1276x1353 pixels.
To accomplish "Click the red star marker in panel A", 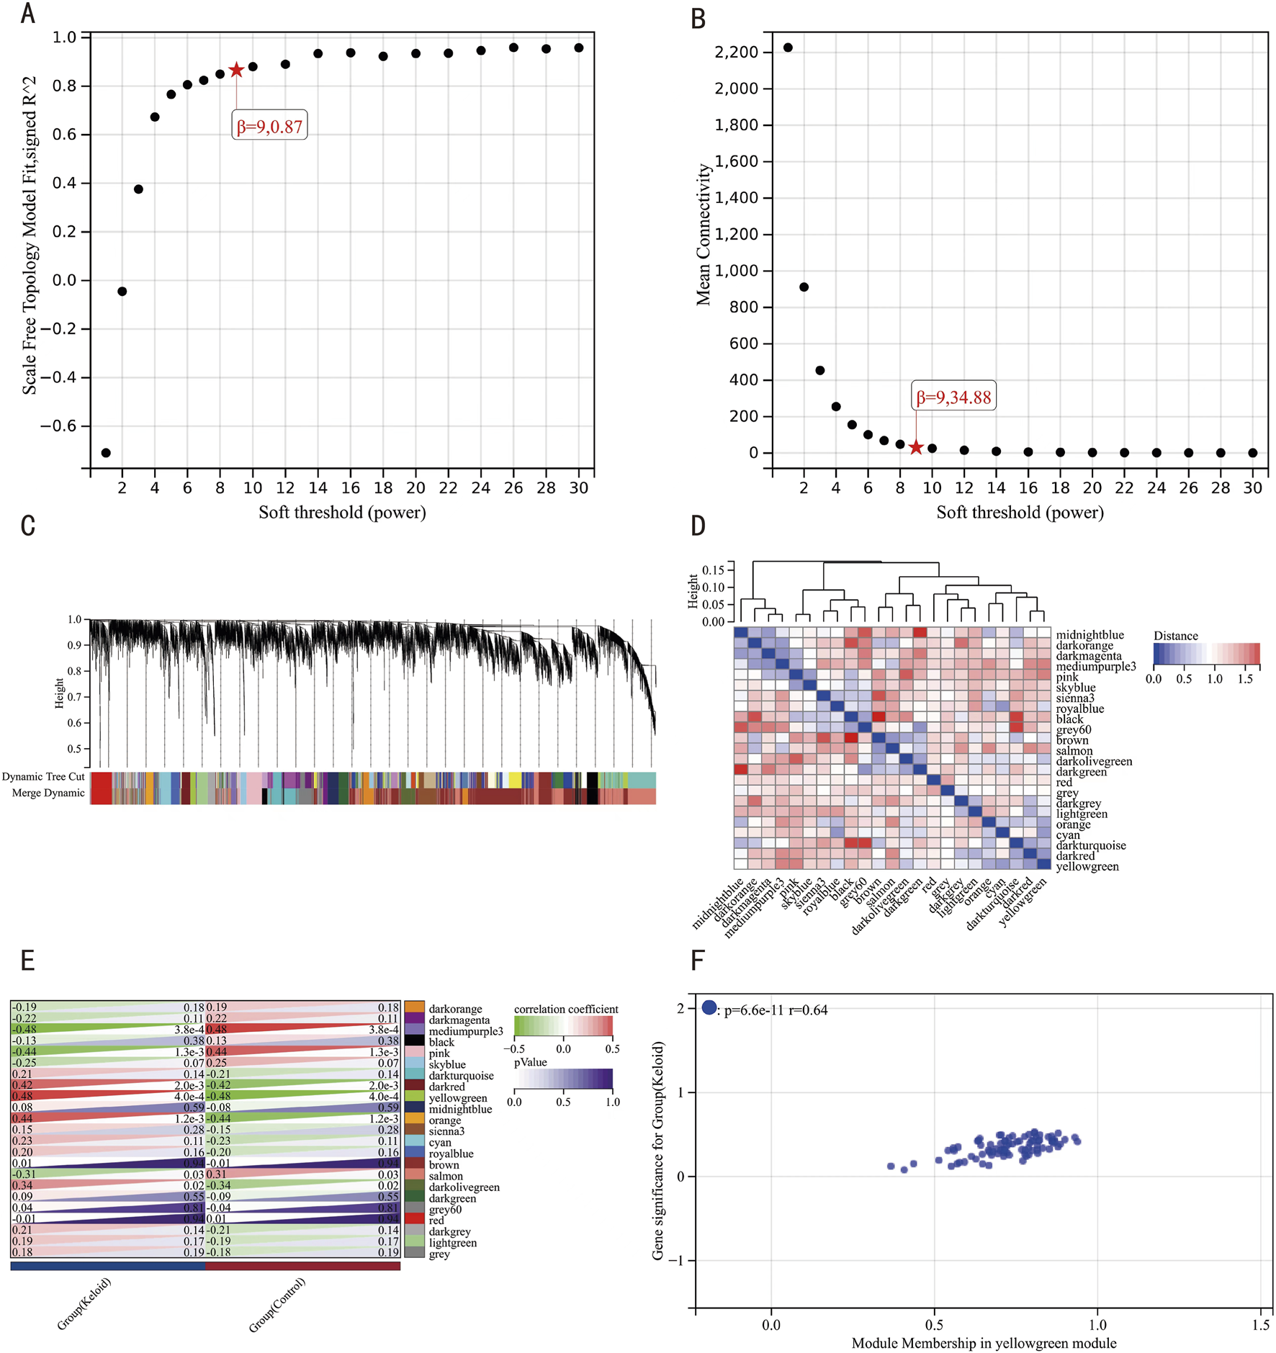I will (236, 70).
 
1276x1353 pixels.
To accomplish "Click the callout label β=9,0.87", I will (269, 127).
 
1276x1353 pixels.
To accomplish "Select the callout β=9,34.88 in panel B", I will (953, 397).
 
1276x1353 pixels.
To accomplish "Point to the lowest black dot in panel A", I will (106, 453).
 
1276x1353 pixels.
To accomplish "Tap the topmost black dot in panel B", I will (788, 48).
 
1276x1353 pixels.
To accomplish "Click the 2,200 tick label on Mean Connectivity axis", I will (736, 52).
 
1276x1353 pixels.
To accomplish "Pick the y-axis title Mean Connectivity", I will (703, 234).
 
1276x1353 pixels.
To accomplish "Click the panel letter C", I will (27, 526).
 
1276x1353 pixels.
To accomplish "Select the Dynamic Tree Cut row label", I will (43, 776).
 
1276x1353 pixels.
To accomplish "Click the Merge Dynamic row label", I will (48, 793).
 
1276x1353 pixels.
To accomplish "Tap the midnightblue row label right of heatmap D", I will (1089, 634).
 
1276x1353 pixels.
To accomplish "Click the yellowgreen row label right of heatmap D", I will (1087, 866).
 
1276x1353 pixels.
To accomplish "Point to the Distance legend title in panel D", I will (1175, 635).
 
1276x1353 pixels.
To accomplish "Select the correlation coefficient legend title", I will (566, 1009).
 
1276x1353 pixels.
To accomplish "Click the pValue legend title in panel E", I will (530, 1062).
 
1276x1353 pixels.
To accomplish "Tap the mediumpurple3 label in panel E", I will (465, 1031).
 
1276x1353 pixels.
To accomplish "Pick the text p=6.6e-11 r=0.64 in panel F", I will (776, 1010).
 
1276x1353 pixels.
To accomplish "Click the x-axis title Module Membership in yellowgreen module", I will (984, 1343).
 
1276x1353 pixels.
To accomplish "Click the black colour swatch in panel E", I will (414, 1040).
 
